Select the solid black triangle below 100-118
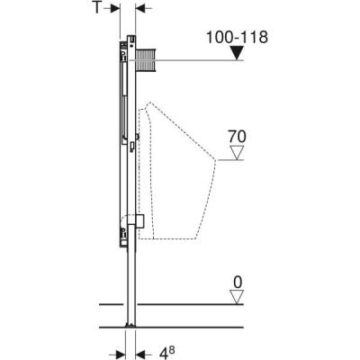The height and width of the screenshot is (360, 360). (236, 53)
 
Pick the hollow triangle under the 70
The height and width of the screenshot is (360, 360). (237, 154)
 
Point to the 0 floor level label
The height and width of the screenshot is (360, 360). (237, 283)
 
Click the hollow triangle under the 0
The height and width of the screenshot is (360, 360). (237, 298)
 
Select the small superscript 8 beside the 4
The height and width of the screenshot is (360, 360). (174, 340)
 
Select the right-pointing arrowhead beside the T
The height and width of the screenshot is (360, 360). (114, 10)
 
